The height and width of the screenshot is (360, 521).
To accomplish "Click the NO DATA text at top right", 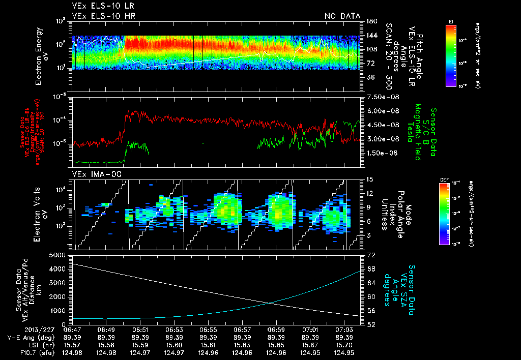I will (x=342, y=16).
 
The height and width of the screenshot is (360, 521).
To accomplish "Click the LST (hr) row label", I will (x=25, y=345).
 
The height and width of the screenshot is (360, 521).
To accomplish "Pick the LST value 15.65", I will (x=276, y=345).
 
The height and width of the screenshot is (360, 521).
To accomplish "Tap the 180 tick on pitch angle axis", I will (x=370, y=21).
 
